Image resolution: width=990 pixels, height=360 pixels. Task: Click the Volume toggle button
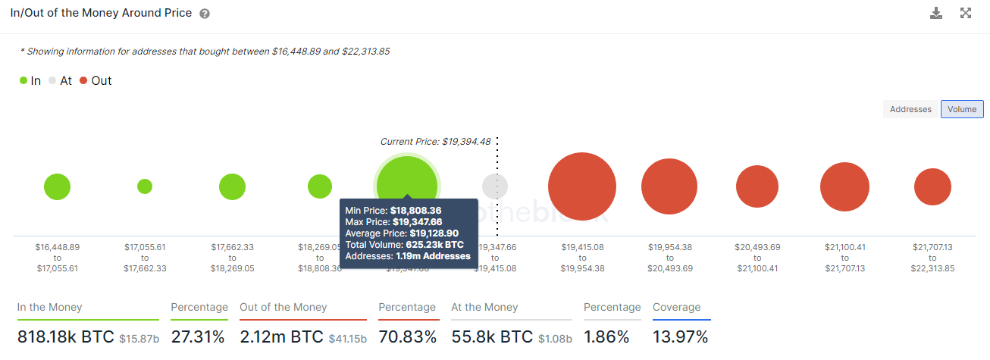(962, 109)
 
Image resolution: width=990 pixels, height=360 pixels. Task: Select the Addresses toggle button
(910, 109)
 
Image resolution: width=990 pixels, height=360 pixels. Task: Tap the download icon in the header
(936, 13)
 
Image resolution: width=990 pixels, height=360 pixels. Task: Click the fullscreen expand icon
(966, 13)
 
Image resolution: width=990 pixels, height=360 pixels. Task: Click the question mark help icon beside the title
(205, 14)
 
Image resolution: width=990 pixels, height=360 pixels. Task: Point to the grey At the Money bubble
(495, 186)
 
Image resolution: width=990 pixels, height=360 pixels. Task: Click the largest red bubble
(581, 186)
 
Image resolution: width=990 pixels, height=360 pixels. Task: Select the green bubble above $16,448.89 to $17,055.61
(57, 186)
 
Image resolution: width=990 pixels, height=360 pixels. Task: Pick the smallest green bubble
(145, 186)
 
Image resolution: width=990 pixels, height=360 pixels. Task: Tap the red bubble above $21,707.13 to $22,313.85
(932, 186)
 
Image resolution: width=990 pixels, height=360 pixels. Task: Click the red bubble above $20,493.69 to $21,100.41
(757, 186)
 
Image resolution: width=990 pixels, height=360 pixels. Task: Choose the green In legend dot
(23, 81)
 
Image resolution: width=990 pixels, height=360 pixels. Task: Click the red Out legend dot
(83, 81)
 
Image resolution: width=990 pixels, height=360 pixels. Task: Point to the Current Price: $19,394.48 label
(435, 142)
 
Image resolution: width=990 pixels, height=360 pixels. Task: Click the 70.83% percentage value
(407, 337)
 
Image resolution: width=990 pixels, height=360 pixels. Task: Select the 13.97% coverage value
(681, 337)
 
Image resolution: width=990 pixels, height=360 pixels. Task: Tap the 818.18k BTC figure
(65, 337)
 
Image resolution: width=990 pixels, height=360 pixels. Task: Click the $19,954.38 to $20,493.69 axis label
(669, 258)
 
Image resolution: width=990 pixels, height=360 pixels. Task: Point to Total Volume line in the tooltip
(404, 245)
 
